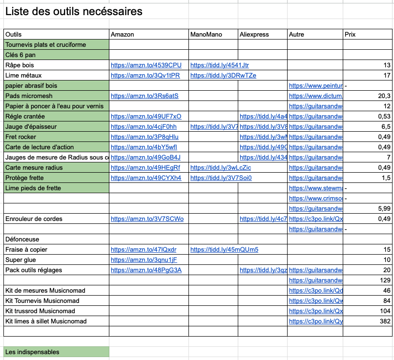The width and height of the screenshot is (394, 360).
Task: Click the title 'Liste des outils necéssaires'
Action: pyautogui.click(x=74, y=11)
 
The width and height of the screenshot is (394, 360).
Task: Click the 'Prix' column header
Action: pyautogui.click(x=350, y=35)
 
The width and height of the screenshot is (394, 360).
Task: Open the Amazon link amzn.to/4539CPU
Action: pyautogui.click(x=146, y=65)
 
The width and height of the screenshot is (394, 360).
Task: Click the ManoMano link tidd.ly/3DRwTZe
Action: pyautogui.click(x=223, y=76)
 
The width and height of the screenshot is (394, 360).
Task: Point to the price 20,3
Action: pyautogui.click(x=384, y=96)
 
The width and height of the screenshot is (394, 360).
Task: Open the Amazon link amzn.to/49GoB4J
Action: pyautogui.click(x=145, y=158)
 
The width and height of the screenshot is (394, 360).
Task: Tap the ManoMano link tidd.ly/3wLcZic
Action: pyautogui.click(x=221, y=168)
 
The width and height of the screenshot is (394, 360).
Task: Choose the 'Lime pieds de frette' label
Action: pyautogui.click(x=33, y=188)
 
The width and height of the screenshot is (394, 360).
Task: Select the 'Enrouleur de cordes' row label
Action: pyautogui.click(x=34, y=219)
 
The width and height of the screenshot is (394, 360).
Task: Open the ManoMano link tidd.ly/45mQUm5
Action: pyautogui.click(x=224, y=250)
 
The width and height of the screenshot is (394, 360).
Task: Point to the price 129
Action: pyautogui.click(x=385, y=280)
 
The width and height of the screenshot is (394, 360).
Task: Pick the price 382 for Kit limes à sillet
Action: pyautogui.click(x=385, y=321)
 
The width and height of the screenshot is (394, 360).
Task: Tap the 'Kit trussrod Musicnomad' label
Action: pyautogui.click(x=40, y=311)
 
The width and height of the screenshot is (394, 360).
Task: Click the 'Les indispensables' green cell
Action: pyautogui.click(x=32, y=352)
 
